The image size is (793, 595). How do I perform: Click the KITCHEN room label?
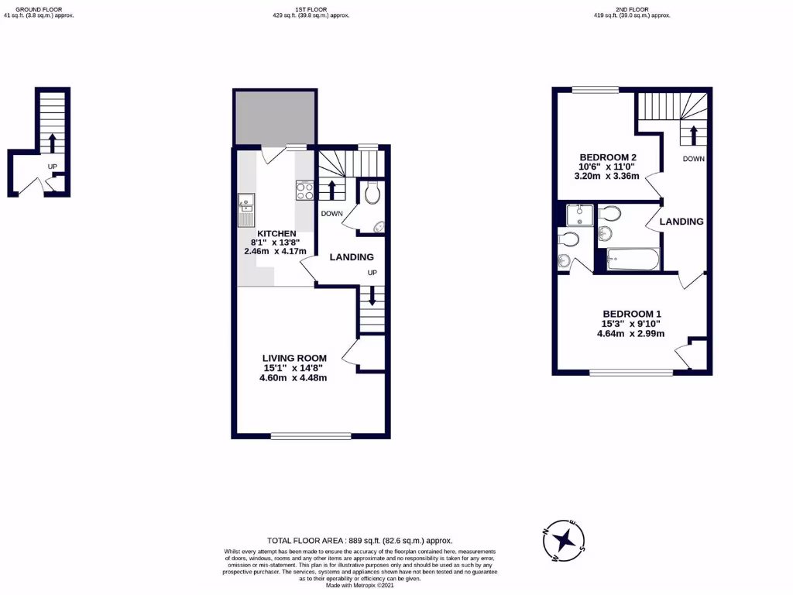coord(276,233)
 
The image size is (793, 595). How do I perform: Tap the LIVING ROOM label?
coord(294,358)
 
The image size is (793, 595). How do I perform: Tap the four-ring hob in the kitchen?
coord(304,191)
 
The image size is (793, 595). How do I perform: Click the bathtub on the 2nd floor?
coord(633,260)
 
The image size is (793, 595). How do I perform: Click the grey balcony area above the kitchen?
coord(274,117)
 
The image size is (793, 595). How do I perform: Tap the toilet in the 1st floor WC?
coord(371,192)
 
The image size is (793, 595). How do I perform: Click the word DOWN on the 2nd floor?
coord(693,158)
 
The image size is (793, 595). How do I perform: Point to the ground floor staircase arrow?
coord(53,143)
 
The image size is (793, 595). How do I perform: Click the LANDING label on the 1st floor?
coord(352,257)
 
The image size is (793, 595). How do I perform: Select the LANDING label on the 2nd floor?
coord(681,222)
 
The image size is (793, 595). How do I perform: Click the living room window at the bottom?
coord(311,435)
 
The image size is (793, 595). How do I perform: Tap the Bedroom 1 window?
coord(631,373)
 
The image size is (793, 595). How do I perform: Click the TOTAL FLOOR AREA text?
coord(359,540)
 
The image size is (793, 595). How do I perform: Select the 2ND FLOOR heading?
coord(633,10)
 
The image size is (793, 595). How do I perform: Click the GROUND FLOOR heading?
coord(39,10)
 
